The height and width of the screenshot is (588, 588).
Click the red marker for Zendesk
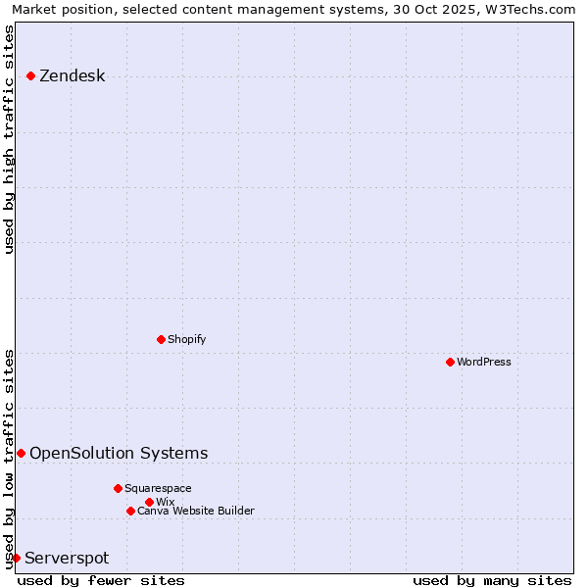(30, 75)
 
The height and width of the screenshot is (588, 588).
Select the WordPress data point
(450, 362)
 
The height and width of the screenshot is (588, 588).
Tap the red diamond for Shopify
(161, 339)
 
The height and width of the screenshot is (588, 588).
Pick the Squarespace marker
(118, 488)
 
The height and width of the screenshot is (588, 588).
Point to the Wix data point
(149, 502)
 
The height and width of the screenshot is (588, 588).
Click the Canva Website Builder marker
(130, 511)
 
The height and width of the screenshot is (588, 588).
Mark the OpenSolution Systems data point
(21, 453)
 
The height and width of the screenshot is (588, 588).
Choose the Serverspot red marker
(16, 558)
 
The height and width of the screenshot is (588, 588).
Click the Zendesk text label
(72, 76)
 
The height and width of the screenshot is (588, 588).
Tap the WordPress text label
(484, 362)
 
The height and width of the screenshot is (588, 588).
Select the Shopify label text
(186, 339)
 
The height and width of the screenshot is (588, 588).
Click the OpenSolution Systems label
(119, 453)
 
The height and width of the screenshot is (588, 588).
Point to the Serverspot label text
(67, 559)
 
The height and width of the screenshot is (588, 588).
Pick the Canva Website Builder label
(196, 511)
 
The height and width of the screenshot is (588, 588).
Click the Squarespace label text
(158, 488)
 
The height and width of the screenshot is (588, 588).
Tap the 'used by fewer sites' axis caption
(101, 580)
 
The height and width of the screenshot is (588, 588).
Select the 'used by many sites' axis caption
(492, 580)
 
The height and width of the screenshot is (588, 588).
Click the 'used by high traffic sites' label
(9, 139)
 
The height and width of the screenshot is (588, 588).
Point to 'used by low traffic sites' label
(9, 457)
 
